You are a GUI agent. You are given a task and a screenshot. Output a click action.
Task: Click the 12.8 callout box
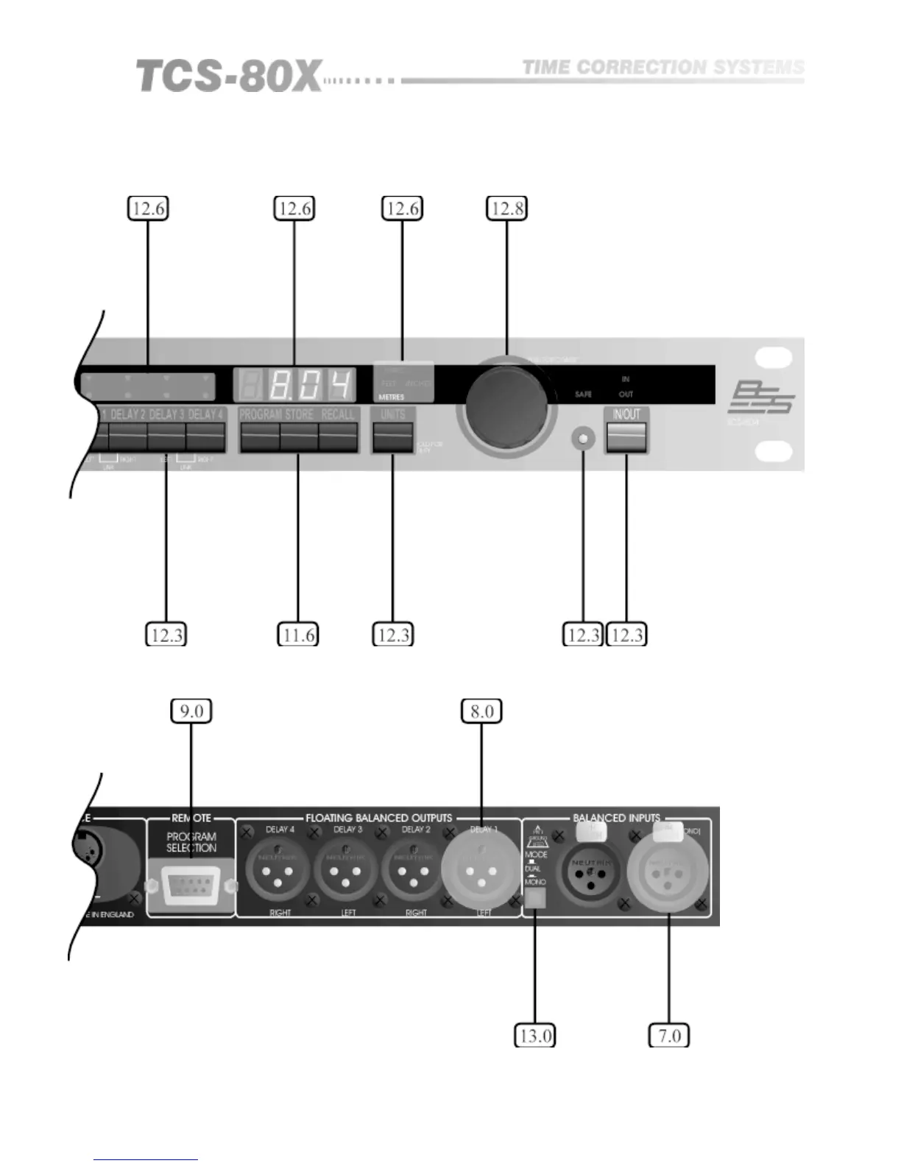[x=506, y=208]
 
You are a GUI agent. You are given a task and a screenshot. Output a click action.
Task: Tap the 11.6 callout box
[x=298, y=634]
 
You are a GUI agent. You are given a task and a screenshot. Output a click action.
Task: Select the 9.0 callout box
[x=191, y=711]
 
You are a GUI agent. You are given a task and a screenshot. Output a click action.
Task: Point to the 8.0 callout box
[x=481, y=711]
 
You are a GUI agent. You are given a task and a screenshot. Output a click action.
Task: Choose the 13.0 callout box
[x=534, y=1036]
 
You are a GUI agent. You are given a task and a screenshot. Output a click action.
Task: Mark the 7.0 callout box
[x=668, y=1036]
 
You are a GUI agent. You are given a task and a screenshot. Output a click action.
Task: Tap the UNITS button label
[x=393, y=414]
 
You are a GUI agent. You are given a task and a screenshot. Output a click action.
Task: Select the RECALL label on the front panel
[x=338, y=414]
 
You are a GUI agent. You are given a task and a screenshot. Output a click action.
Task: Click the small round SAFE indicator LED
[x=583, y=439]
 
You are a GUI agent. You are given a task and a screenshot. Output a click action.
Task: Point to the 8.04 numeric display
[x=294, y=384]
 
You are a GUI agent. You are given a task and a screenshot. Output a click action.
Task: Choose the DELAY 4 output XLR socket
[x=280, y=872]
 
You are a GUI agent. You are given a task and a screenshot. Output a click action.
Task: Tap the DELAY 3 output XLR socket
[x=347, y=872]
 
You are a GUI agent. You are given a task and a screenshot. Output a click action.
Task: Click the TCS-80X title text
[x=228, y=77]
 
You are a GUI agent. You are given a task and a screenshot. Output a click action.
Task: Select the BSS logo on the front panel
[x=760, y=398]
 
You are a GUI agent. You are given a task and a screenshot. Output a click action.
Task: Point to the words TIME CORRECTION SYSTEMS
[x=662, y=68]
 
